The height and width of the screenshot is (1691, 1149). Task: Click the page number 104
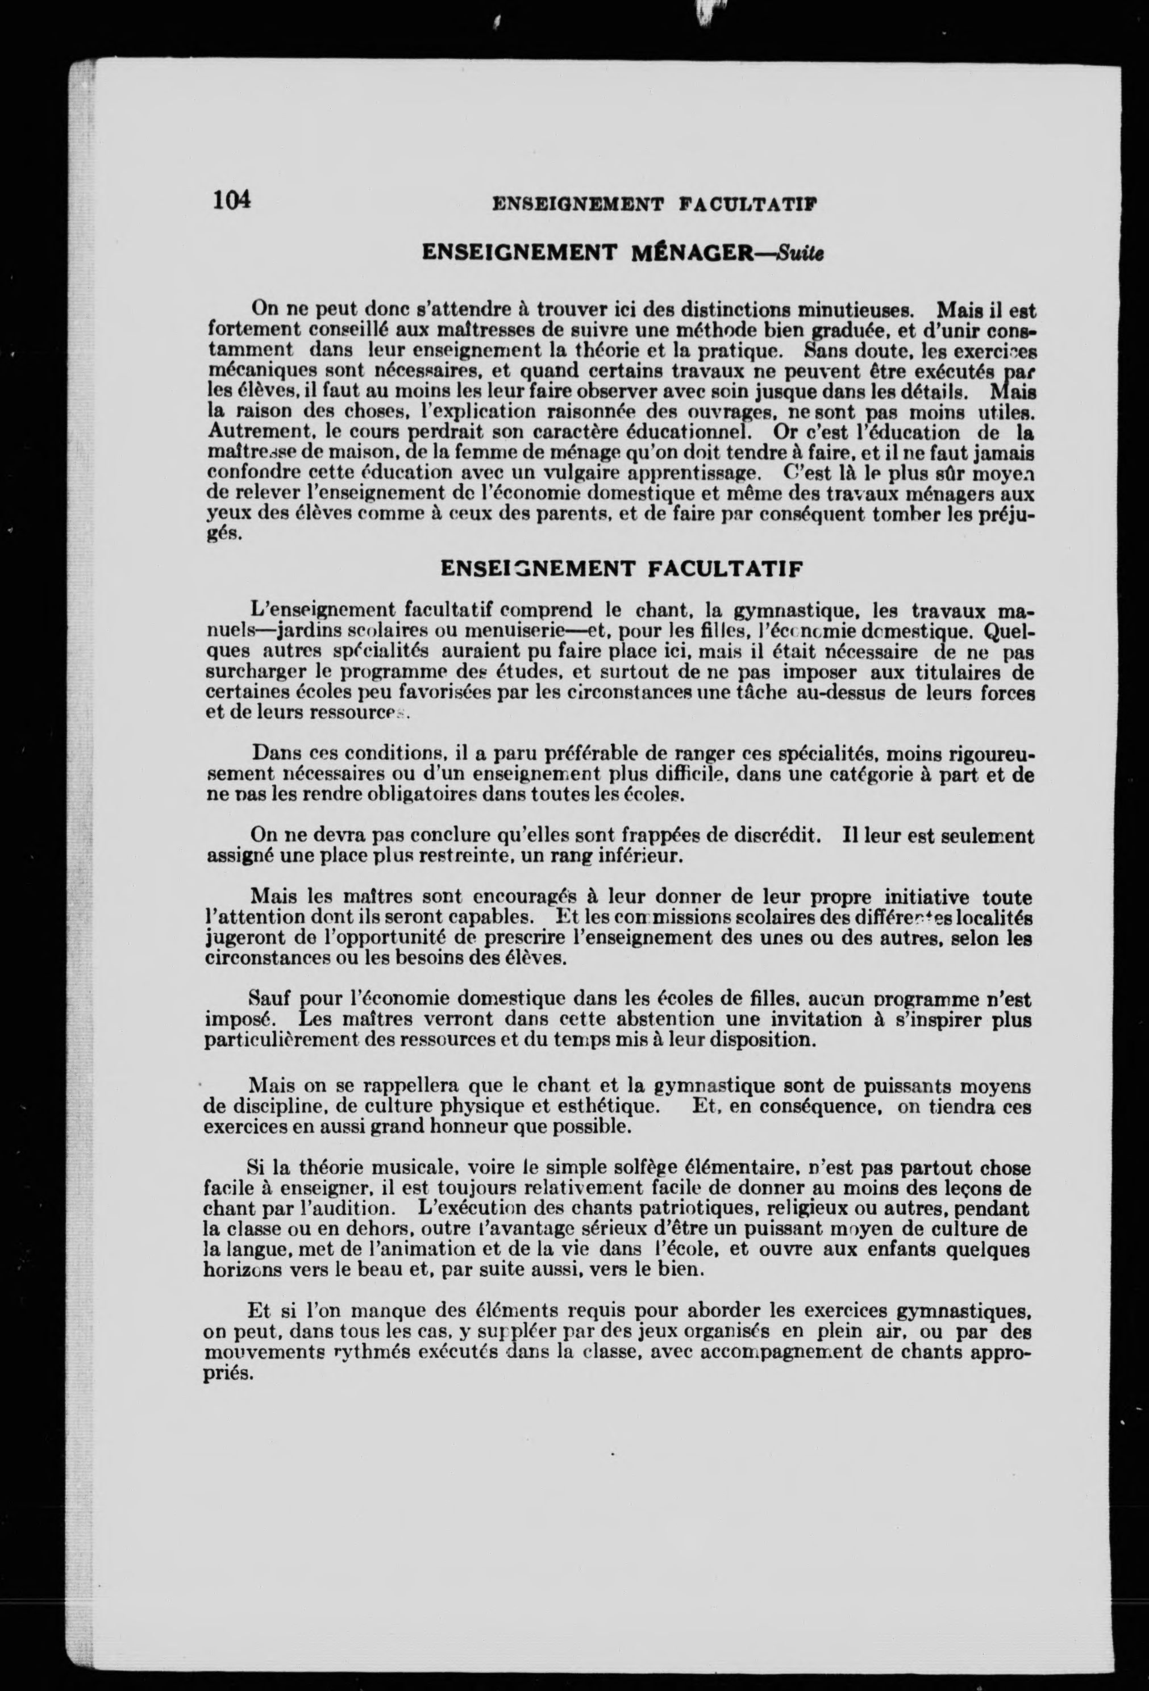tap(231, 199)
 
